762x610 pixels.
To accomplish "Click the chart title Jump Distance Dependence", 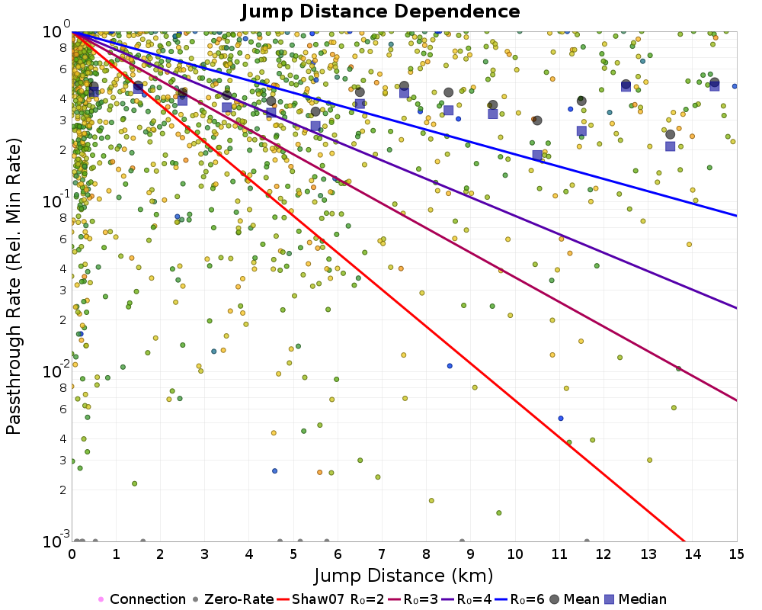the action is pyautogui.click(x=380, y=11).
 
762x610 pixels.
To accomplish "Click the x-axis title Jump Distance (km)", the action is pyautogui.click(x=404, y=576).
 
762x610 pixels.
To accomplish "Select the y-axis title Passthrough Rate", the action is pyautogui.click(x=13, y=287).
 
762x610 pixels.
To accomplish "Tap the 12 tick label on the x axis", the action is pyautogui.click(x=604, y=554).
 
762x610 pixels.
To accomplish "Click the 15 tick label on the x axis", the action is pyautogui.click(x=736, y=554).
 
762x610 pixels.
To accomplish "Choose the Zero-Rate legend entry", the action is pyautogui.click(x=232, y=599).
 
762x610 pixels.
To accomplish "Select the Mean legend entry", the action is pyautogui.click(x=574, y=599).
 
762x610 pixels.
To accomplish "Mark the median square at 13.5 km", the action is pyautogui.click(x=670, y=146).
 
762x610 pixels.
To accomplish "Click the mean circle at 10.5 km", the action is pyautogui.click(x=537, y=120).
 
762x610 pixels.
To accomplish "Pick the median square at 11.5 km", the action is pyautogui.click(x=581, y=131).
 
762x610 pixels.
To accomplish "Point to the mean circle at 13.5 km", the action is pyautogui.click(x=670, y=134).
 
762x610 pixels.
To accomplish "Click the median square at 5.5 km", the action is pyautogui.click(x=315, y=126).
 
